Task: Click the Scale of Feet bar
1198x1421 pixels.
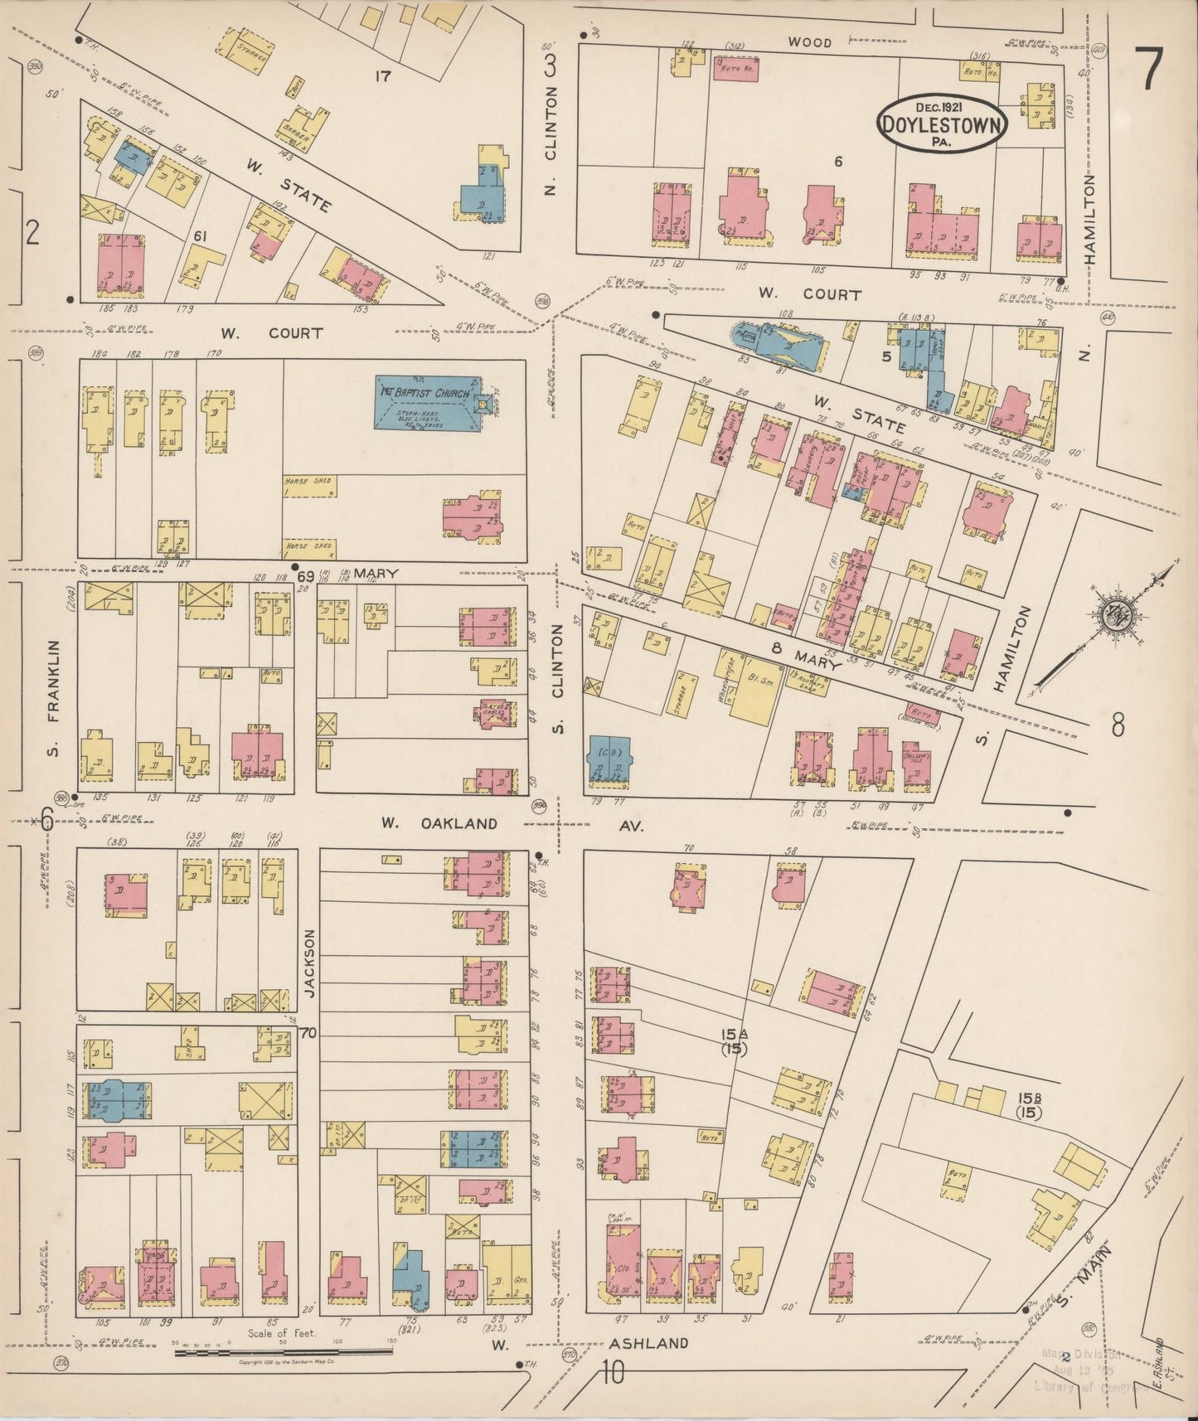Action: [x=282, y=1352]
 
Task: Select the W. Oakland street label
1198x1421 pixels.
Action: [x=439, y=823]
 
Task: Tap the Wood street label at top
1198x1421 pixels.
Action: [x=809, y=42]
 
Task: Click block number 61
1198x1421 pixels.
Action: [x=200, y=236]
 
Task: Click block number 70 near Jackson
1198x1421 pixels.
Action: [x=308, y=1033]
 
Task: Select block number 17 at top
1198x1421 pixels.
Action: [x=382, y=76]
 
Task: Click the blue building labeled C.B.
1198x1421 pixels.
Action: [x=609, y=759]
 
